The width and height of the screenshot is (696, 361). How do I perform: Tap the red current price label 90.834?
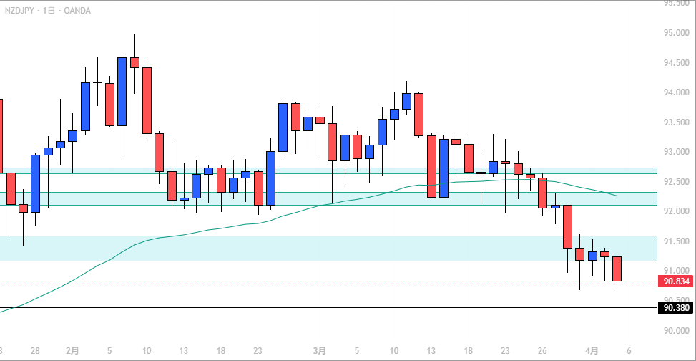(675, 281)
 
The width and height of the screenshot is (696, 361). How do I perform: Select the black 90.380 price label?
(675, 308)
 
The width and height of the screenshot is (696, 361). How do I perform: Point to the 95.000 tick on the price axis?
(676, 33)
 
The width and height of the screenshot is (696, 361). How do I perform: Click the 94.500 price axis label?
(676, 63)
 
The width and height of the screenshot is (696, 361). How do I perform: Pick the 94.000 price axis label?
(676, 92)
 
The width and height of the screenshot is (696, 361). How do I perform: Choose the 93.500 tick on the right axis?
(676, 122)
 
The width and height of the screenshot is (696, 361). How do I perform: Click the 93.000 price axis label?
(676, 152)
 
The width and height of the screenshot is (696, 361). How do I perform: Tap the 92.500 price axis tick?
(676, 182)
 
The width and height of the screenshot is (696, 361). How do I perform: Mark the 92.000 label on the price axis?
(676, 212)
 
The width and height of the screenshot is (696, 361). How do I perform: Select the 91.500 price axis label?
(676, 241)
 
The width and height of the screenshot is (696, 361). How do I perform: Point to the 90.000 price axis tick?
(676, 331)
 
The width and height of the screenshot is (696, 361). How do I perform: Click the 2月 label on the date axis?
(72, 351)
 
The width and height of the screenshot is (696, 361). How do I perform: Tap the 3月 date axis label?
(320, 351)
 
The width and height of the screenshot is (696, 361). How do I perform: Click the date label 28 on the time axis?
(35, 351)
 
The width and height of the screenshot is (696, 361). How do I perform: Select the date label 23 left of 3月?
(258, 351)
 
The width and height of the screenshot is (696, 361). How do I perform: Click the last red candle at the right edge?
(617, 269)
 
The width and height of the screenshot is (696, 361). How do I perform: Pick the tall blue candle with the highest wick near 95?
(122, 91)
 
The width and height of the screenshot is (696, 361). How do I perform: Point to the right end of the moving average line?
(617, 195)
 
